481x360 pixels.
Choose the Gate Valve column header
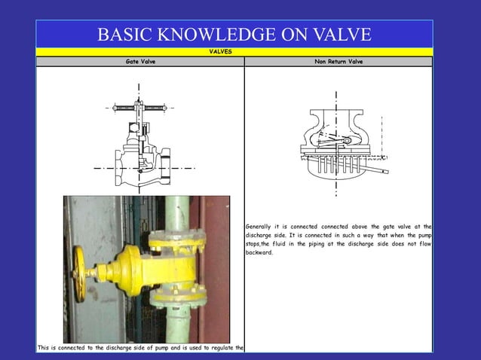point(140,62)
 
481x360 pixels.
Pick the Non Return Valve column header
point(339,62)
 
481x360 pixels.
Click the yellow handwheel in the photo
point(79,272)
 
